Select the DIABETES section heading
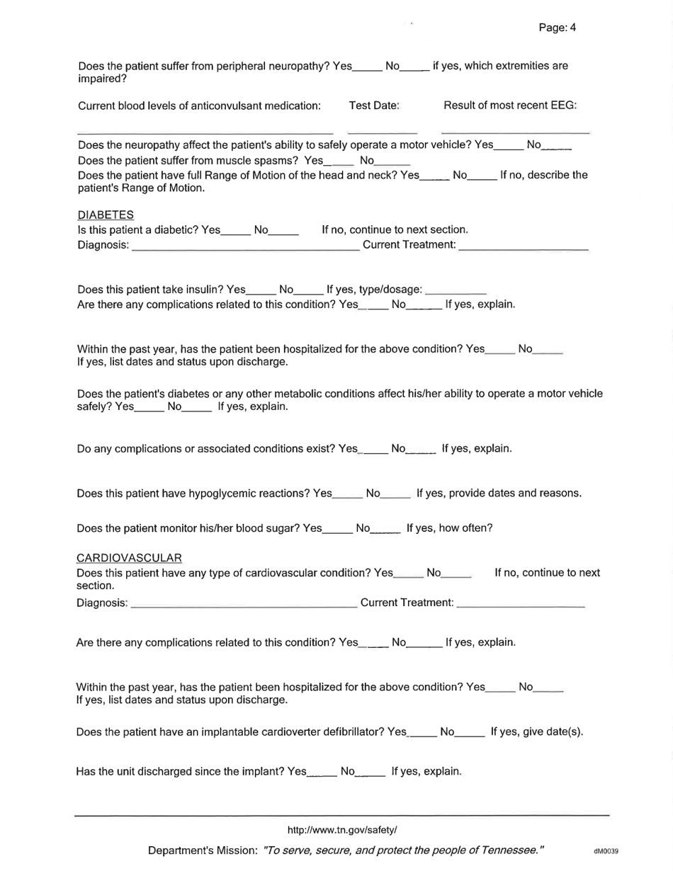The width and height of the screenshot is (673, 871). coord(105,215)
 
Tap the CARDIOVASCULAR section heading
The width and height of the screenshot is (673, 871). coord(129,558)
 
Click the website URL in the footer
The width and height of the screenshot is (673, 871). coord(342,830)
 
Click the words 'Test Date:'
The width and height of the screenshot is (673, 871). coord(375,106)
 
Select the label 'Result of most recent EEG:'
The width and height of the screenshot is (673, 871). coord(510,106)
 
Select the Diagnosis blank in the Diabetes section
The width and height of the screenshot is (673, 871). coord(245,248)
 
